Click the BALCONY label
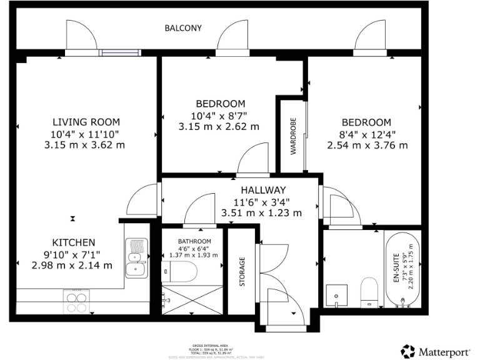[183, 28]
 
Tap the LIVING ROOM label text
[86, 122]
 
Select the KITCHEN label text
[73, 242]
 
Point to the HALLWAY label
[262, 190]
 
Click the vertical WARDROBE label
[292, 136]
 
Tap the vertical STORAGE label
[242, 272]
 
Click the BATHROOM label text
[194, 241]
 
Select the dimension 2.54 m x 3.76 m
[367, 146]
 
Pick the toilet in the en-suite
[369, 292]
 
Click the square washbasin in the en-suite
[337, 293]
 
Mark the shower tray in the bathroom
[192, 302]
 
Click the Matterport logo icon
[408, 351]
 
